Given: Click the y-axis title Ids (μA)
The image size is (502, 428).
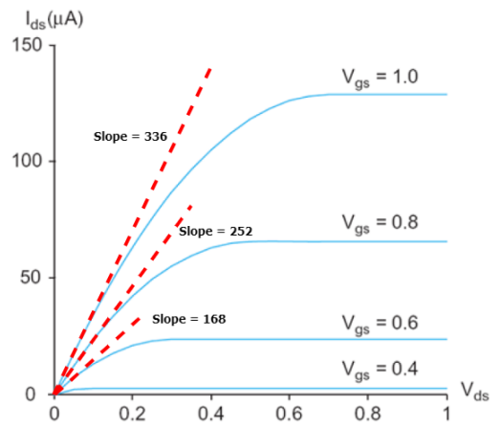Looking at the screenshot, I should pyautogui.click(x=44, y=17).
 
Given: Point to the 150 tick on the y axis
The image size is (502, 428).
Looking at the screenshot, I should pyautogui.click(x=26, y=45).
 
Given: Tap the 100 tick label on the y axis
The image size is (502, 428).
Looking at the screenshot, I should pyautogui.click(x=26, y=161).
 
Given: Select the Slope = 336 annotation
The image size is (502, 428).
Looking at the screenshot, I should pyautogui.click(x=130, y=137).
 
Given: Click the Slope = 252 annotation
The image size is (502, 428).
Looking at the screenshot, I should pyautogui.click(x=215, y=232).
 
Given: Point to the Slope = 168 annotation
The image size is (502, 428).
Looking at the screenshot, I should pyautogui.click(x=189, y=317).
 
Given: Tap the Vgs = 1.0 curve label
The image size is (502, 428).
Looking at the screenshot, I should pyautogui.click(x=381, y=76).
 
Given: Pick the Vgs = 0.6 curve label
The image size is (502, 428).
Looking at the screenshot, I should pyautogui.click(x=381, y=322).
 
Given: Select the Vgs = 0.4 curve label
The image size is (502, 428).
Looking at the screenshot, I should pyautogui.click(x=381, y=368).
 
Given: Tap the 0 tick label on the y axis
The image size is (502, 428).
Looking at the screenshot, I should pyautogui.click(x=35, y=394).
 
